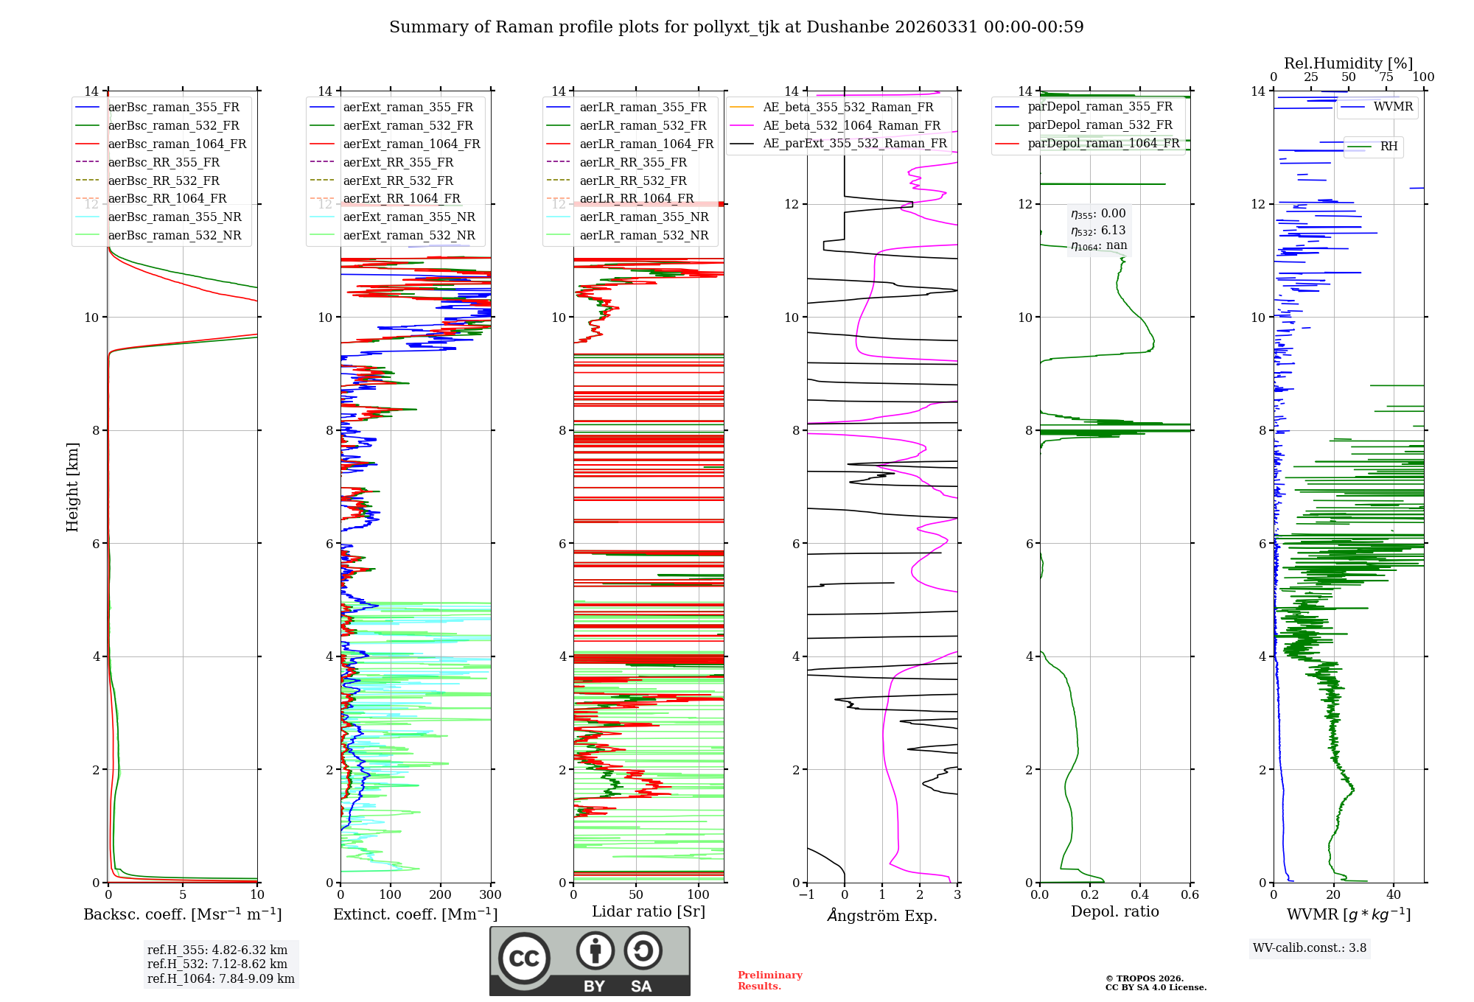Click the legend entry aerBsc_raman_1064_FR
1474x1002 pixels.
coord(177,144)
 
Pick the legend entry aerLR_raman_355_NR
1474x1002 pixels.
coord(643,217)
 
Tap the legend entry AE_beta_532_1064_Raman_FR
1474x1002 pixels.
coord(851,126)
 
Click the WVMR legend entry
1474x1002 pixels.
coord(1392,107)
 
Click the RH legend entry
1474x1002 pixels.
coord(1389,147)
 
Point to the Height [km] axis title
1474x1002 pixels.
coord(72,487)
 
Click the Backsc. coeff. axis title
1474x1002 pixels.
coord(182,914)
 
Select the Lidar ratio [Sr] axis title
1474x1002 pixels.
coord(649,912)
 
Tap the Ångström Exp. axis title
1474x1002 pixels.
coord(882,916)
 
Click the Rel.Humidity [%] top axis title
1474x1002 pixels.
coord(1348,63)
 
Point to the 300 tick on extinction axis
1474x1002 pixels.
coord(491,895)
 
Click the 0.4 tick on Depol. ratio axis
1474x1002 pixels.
coord(1140,895)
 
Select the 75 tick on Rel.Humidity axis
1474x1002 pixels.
coord(1386,77)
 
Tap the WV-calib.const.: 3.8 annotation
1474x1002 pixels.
coord(1310,948)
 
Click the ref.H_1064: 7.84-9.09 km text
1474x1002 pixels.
coord(221,979)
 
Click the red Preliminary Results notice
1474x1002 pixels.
coord(769,981)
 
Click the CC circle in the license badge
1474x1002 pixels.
coord(524,959)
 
